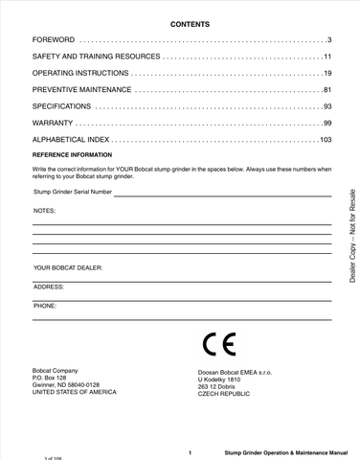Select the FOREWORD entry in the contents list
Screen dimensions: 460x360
[x=53, y=39]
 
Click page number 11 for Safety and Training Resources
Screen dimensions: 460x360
[x=326, y=57]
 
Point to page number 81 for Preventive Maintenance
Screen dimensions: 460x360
[x=326, y=90]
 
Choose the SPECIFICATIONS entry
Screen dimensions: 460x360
[x=62, y=107]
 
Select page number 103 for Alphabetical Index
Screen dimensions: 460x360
[x=325, y=141]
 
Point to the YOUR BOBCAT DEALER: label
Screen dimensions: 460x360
[x=68, y=267]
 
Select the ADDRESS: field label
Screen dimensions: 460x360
[x=49, y=287]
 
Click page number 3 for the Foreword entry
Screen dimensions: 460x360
[x=328, y=39]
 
